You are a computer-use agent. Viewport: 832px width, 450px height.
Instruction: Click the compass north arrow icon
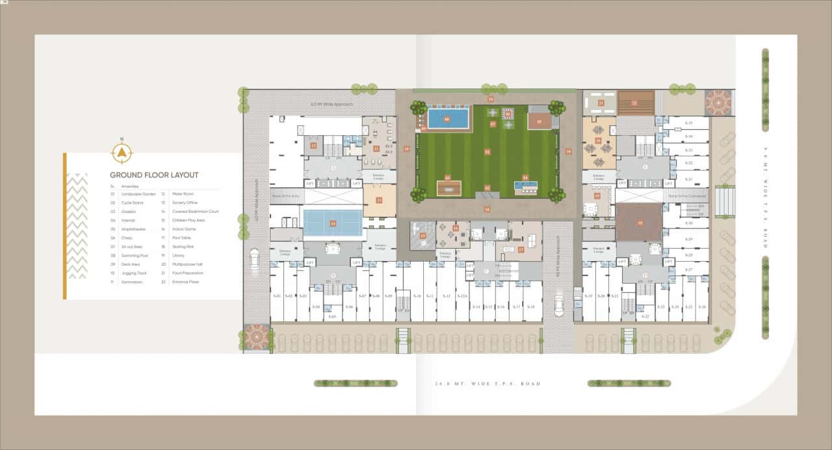(122, 152)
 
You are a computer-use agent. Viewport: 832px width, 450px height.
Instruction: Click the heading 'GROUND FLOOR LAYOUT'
(154, 175)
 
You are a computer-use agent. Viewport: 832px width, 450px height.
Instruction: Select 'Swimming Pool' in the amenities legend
(135, 256)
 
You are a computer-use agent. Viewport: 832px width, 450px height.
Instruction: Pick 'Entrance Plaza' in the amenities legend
(185, 282)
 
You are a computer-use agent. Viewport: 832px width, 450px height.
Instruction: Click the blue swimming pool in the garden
(447, 119)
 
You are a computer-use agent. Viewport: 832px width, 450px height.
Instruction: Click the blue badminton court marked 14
(333, 223)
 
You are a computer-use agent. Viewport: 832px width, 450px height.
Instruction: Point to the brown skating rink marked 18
(640, 223)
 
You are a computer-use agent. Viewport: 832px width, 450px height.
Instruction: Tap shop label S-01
(278, 296)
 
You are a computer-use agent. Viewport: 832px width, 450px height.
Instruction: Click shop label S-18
(531, 306)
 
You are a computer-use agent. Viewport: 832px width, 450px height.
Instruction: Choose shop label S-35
(688, 123)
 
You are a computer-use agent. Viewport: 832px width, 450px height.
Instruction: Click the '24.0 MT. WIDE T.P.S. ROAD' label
(487, 384)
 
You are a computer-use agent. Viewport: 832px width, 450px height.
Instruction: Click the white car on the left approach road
(254, 258)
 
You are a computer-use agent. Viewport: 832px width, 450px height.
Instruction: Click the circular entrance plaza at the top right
(718, 103)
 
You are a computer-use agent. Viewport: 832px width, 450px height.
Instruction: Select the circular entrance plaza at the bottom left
(256, 336)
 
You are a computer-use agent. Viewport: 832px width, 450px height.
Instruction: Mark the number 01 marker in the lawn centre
(487, 151)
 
